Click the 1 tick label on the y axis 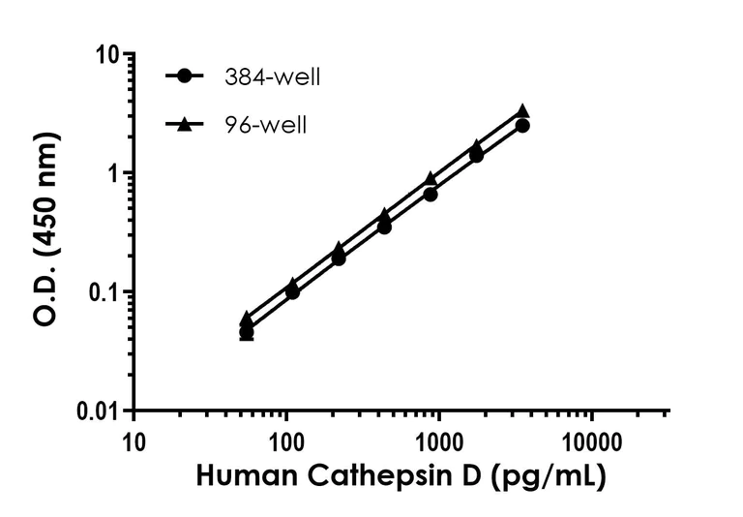pos(115,173)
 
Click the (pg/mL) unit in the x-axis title pos(550,476)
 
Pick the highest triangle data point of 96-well pos(522,111)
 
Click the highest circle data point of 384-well pos(522,126)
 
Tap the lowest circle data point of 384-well pos(247,332)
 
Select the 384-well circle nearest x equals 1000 pos(431,194)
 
